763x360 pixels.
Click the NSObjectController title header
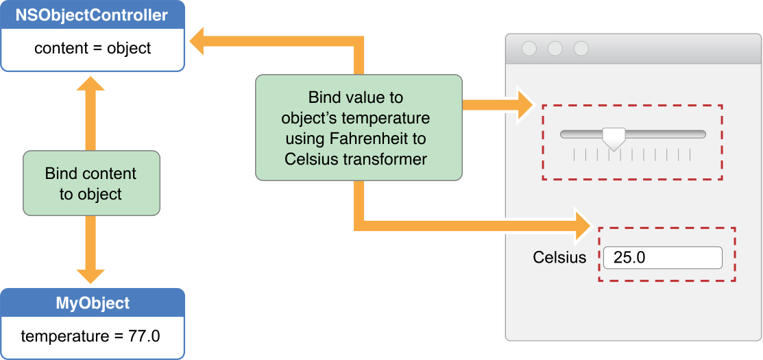pos(92,15)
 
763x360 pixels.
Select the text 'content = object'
pos(93,49)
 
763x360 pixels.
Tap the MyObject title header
pos(92,303)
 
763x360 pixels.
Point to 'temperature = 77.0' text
pos(90,336)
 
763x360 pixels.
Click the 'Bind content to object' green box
pos(91,184)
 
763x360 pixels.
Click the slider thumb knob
pos(614,137)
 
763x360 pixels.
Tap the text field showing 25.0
pos(662,258)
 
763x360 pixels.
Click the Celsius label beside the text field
pos(559,258)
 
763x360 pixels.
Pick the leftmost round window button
pos(529,49)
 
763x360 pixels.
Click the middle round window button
pos(555,49)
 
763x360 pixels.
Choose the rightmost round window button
pos(581,49)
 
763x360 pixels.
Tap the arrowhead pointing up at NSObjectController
pos(90,84)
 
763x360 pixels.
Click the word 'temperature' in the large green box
pos(392,117)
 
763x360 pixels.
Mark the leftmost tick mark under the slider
pos(574,156)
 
